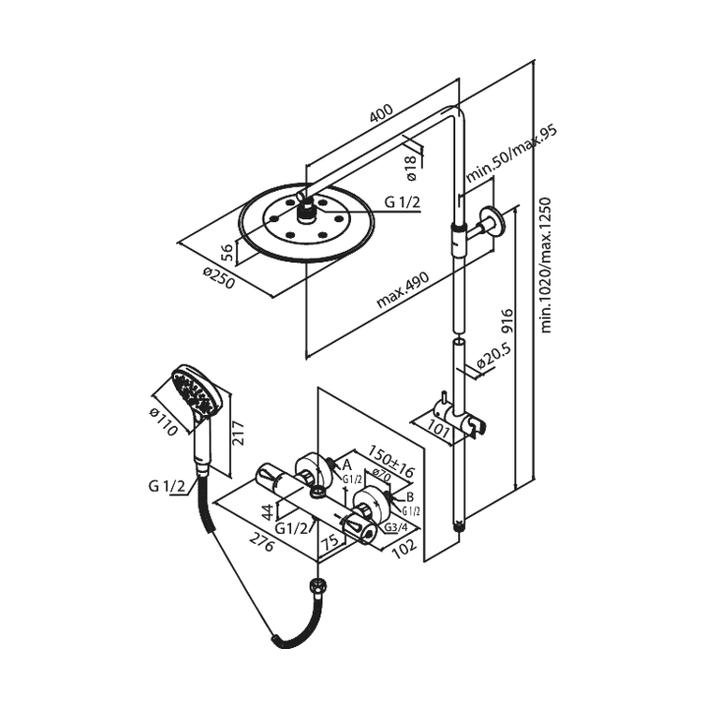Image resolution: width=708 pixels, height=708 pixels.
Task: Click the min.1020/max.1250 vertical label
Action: pyautogui.click(x=547, y=265)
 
